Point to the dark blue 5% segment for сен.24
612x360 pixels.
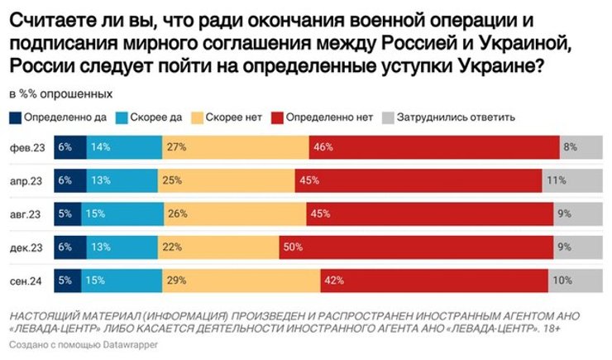pyautogui.click(x=68, y=281)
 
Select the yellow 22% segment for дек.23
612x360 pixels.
pyautogui.click(x=214, y=247)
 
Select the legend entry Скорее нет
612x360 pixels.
pyautogui.click(x=231, y=117)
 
